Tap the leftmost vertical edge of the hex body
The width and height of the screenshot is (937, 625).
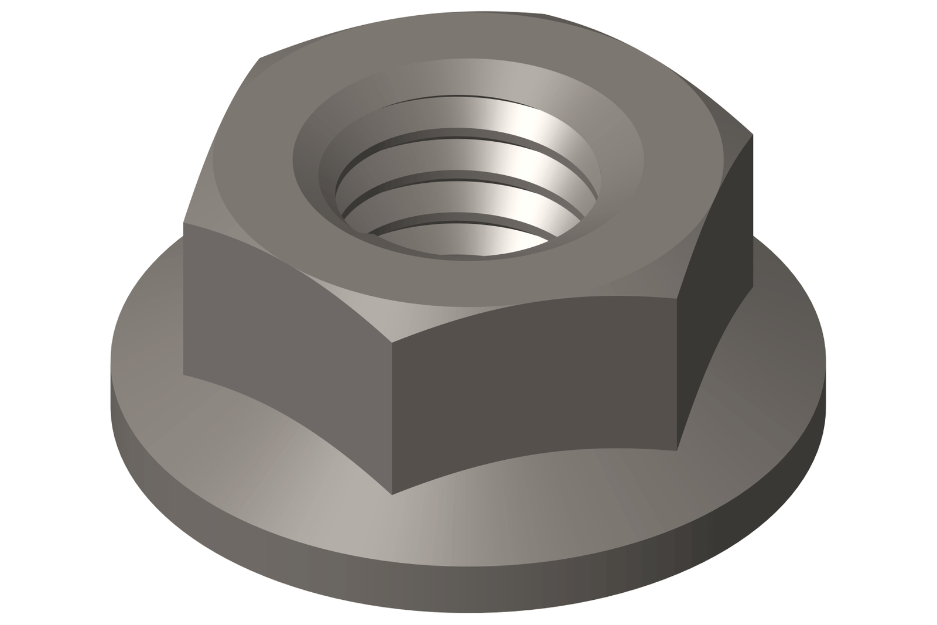coord(183,299)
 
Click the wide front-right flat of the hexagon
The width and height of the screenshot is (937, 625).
coord(533,387)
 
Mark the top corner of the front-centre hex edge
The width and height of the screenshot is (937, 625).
coord(392,343)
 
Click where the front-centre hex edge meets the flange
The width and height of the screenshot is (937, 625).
coord(392,494)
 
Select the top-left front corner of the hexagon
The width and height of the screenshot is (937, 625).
coord(183,223)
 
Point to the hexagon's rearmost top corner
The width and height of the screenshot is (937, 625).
coord(545,14)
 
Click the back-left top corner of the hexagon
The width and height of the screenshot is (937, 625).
coord(259,59)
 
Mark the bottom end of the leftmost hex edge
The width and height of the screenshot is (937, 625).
coord(183,374)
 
